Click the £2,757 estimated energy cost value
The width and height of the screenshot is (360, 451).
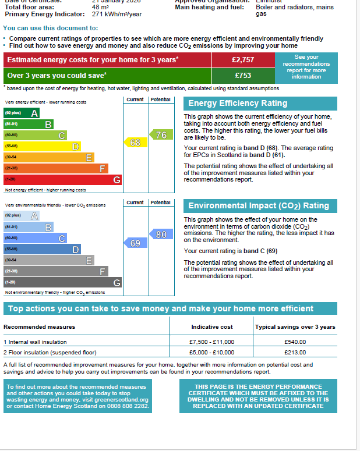tap(242, 60)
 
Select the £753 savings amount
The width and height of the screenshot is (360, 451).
tap(242, 76)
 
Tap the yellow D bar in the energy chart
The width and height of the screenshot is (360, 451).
tap(42, 147)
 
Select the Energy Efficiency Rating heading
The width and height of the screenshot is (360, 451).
tap(238, 104)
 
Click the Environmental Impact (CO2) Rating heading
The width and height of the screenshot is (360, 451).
tap(259, 206)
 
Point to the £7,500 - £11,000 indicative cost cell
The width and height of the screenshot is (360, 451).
tap(211, 342)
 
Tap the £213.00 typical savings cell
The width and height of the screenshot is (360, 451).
tap(295, 353)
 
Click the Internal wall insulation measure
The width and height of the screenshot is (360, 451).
tap(36, 342)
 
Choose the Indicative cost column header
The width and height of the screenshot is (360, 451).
tap(212, 327)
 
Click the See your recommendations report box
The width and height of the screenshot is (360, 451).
tap(306, 67)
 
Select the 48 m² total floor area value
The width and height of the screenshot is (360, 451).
tap(101, 7)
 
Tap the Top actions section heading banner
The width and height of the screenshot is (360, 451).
tap(168, 309)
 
